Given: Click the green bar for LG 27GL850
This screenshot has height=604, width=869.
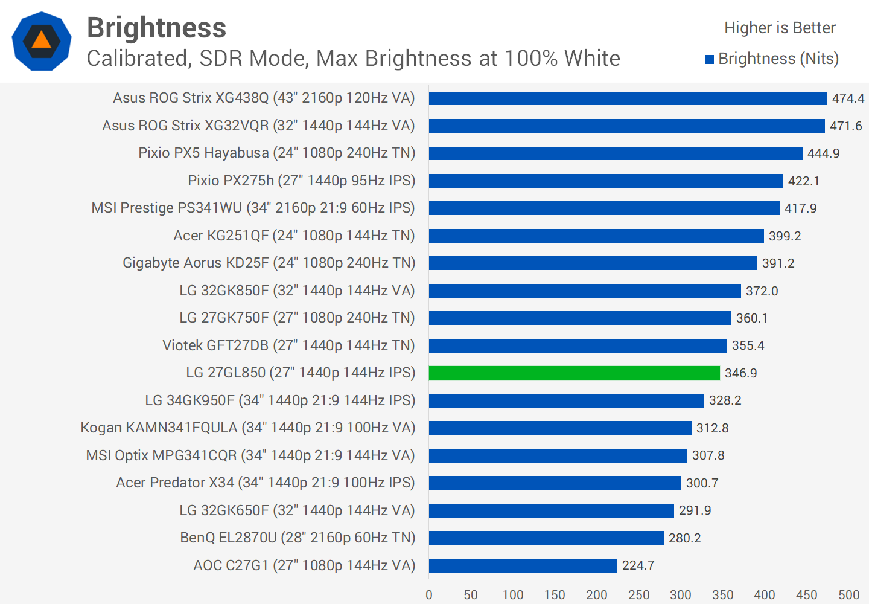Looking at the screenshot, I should coord(574,373).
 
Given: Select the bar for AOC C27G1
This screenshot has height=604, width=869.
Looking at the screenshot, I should coord(523,565).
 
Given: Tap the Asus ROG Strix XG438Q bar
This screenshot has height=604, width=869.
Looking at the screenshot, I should coord(628,98).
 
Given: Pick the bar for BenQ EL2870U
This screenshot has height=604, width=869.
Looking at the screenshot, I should coord(546,538).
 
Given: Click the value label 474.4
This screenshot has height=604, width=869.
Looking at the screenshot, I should coord(848,98).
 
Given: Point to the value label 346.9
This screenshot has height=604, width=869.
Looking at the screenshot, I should coord(740,373).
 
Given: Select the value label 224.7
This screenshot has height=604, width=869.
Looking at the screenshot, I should coord(638,565).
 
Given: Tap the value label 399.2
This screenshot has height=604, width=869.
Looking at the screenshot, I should coord(785,236).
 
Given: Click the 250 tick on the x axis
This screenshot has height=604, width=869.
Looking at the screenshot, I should coord(638,595).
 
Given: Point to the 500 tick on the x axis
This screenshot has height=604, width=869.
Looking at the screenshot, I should coord(848,595).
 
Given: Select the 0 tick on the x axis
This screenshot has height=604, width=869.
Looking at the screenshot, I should coord(429,595).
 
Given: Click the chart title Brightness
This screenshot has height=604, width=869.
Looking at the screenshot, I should coord(156,28).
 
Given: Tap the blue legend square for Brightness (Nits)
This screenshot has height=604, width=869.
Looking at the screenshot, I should coord(710,59).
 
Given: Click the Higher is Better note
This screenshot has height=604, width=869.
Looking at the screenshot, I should coord(780,28).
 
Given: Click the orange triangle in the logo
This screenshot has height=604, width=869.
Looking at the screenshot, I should coord(41,40).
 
